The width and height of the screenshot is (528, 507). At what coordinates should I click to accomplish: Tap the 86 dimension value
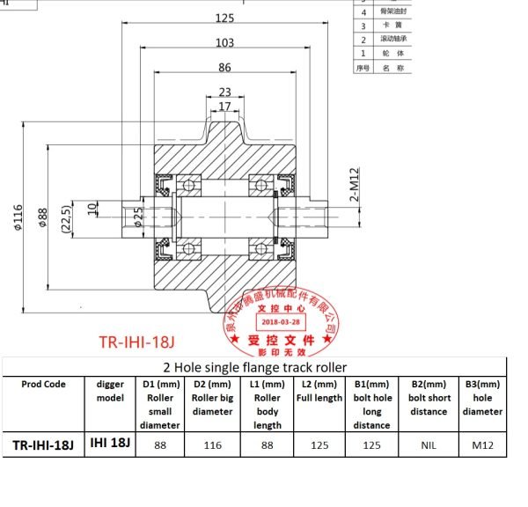225,67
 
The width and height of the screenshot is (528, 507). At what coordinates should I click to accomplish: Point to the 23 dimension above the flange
224,92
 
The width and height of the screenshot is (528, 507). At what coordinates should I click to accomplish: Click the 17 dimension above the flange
224,107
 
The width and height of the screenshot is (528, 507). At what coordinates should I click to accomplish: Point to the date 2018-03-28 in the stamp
279,323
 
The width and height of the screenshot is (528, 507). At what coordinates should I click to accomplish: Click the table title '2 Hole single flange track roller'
255,367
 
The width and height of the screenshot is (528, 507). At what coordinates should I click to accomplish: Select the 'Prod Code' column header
44,385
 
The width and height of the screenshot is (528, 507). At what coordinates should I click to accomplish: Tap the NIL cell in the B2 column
428,445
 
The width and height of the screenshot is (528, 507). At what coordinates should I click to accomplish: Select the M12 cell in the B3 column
482,445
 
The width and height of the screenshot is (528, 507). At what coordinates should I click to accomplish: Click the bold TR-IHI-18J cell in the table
44,445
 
